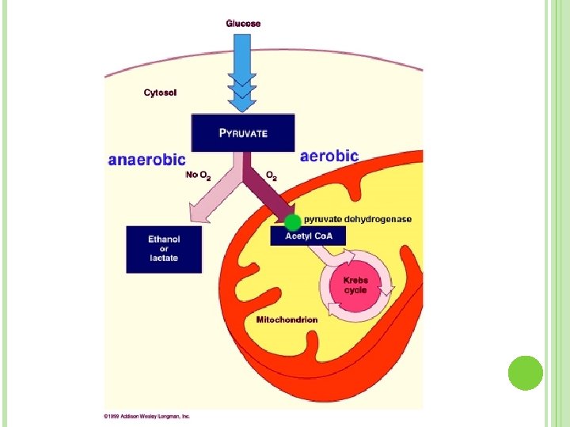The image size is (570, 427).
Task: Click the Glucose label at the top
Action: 243,24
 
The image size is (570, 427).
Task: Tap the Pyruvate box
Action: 243,133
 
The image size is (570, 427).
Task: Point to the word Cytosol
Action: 160,93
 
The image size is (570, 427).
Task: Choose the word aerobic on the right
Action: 329,157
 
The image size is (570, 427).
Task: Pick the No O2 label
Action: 198,175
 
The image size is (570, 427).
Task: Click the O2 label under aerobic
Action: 271,175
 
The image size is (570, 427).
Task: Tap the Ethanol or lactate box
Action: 164,249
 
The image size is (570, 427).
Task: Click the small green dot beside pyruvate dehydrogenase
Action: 293,222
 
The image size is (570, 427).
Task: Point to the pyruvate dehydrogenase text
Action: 358,219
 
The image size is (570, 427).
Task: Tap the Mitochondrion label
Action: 287,319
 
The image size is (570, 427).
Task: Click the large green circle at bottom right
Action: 525,372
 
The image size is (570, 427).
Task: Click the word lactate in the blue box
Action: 164,259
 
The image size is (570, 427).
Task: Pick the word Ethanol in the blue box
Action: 164,239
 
